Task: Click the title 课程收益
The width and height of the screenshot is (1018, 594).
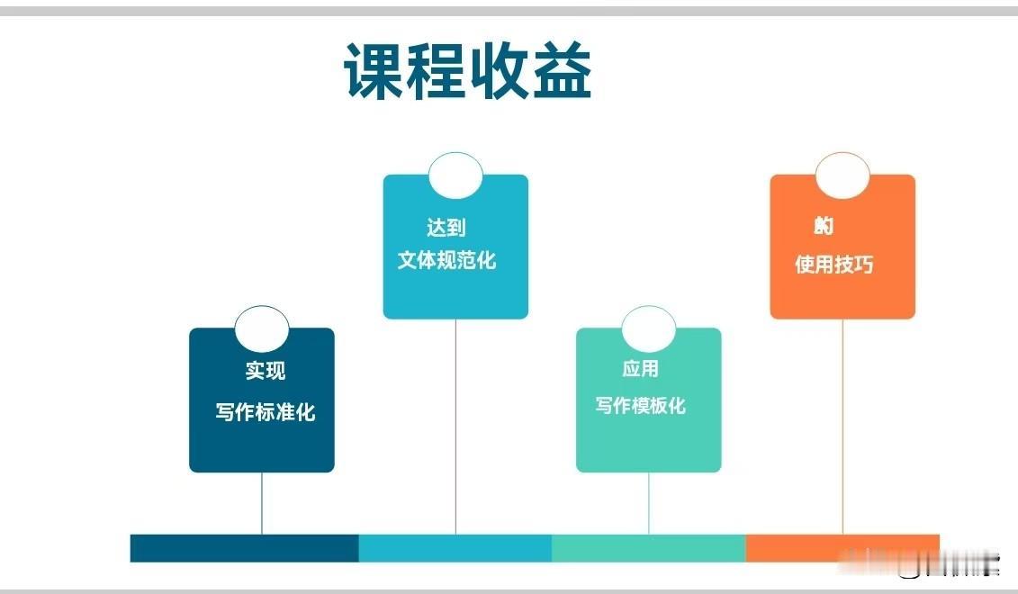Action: (468, 72)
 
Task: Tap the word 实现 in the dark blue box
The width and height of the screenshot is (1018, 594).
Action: (266, 371)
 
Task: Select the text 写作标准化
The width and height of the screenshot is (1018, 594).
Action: (266, 412)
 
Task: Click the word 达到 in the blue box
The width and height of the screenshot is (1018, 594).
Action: (446, 228)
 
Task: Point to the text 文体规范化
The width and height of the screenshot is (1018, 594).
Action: (447, 260)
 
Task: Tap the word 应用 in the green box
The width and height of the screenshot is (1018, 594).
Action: (640, 368)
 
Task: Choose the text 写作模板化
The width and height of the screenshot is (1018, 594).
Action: (640, 406)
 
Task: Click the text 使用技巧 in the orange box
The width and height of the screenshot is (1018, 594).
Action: (834, 264)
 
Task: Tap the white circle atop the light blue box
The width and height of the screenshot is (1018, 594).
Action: (455, 175)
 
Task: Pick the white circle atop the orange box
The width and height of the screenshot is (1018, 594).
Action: (842, 175)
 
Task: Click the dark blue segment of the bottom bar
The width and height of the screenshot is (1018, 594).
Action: (244, 548)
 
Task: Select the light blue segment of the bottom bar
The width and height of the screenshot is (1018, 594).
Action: (455, 548)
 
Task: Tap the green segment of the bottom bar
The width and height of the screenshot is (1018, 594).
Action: (648, 548)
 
